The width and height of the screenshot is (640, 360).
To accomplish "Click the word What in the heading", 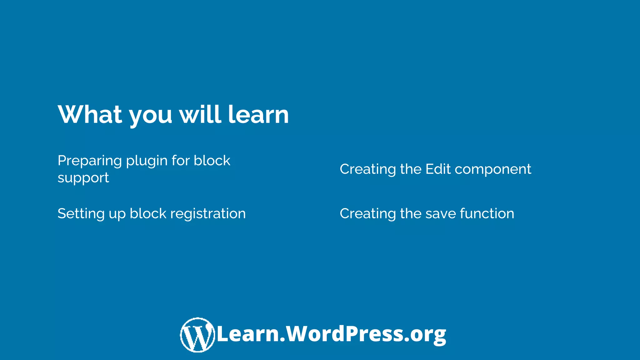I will (90, 114).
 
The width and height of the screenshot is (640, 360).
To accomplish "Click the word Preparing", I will (90, 161).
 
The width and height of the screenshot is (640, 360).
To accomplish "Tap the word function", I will (487, 214).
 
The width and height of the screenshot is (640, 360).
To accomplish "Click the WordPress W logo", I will (197, 335).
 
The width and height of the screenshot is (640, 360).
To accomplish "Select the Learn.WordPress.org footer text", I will (331, 334).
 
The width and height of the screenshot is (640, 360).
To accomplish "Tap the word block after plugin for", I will (212, 161).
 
